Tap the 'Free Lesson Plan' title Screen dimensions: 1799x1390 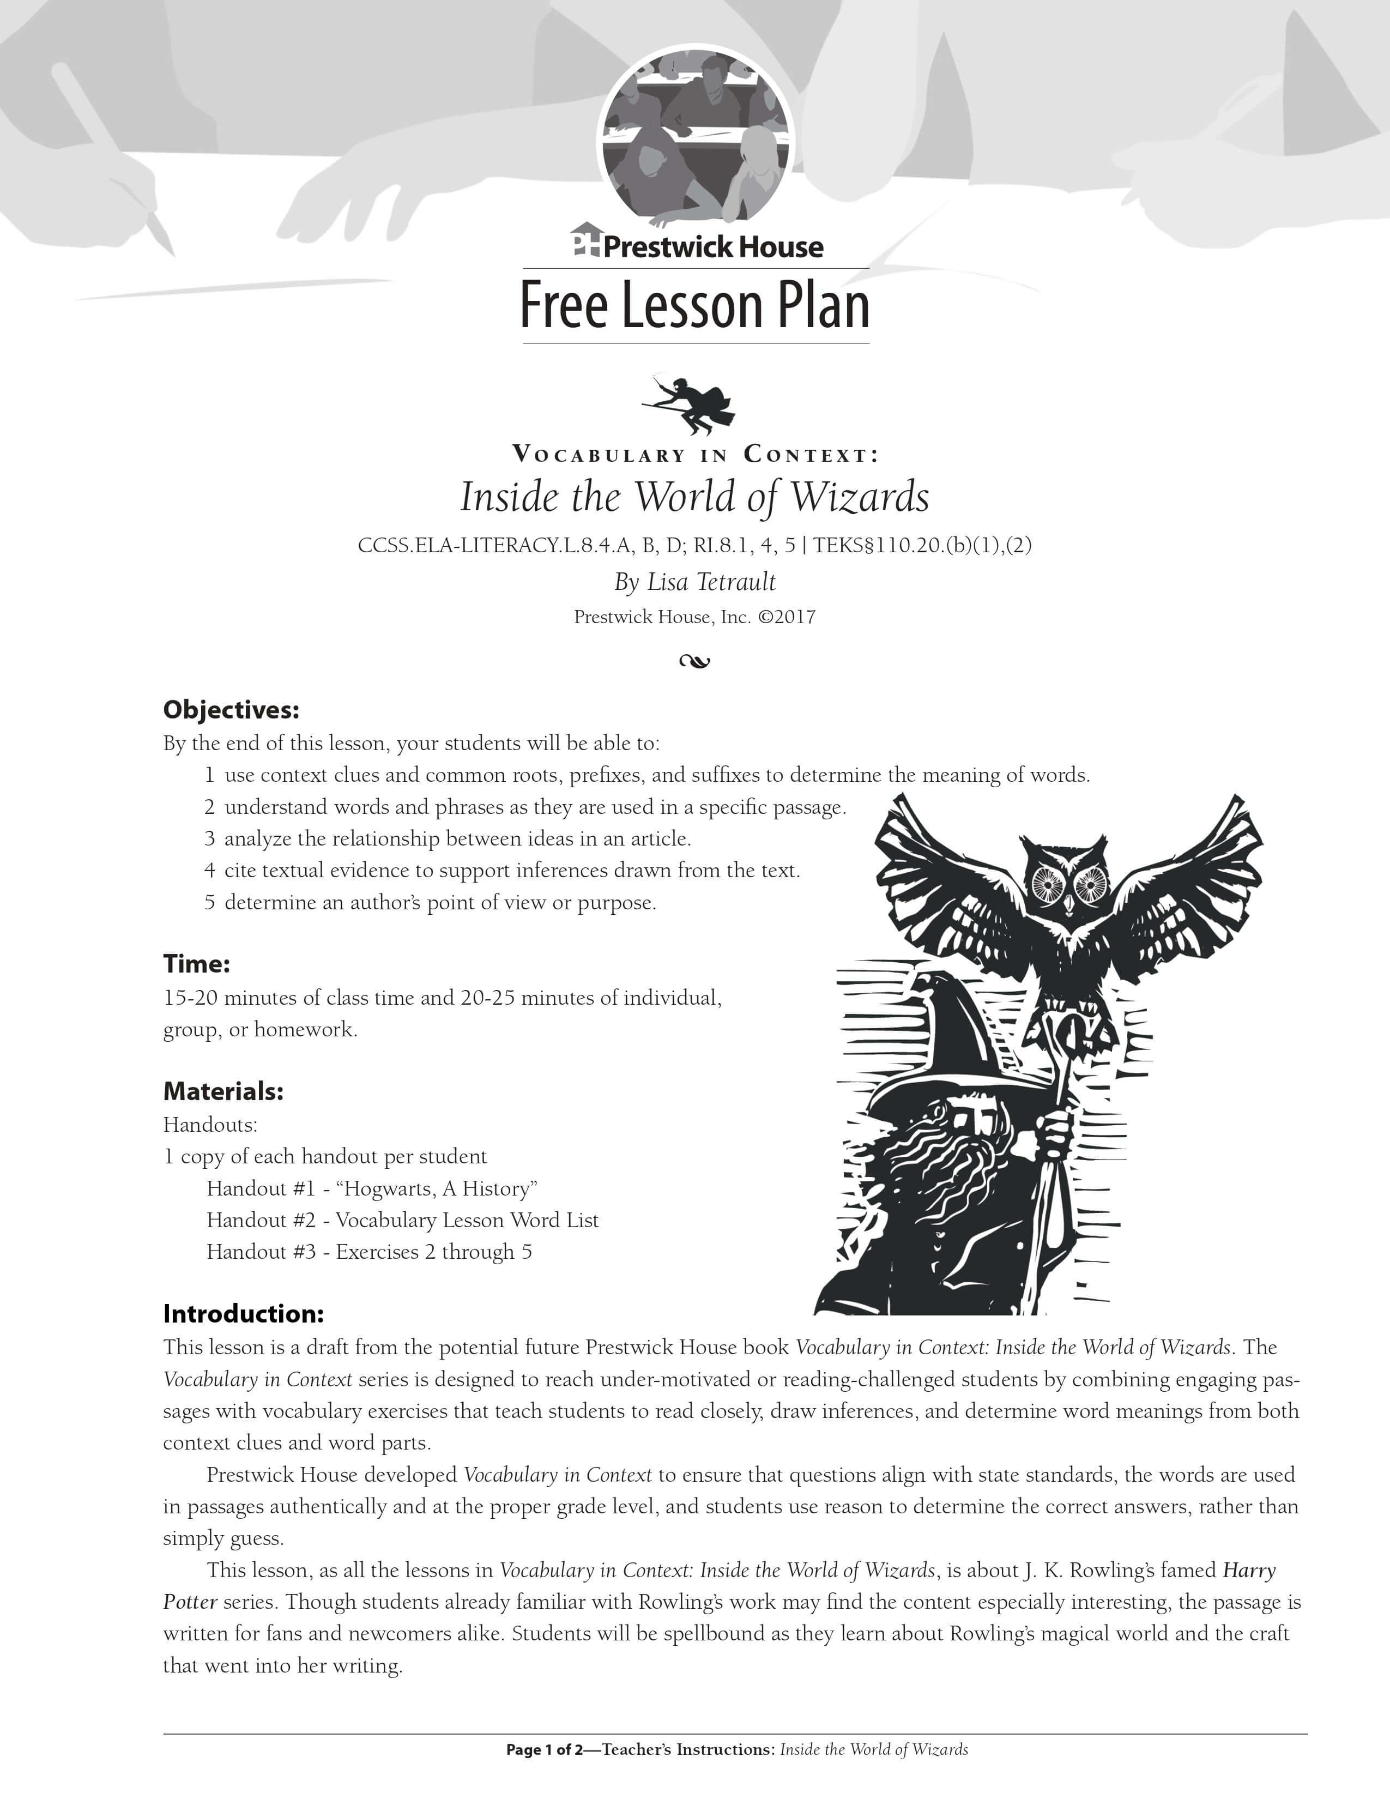695,306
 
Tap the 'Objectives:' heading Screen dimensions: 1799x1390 231,709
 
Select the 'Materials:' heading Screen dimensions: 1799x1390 223,1091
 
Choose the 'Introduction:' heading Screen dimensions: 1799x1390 243,1313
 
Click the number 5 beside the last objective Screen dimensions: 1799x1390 210,903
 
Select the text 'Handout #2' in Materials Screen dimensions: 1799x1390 261,1220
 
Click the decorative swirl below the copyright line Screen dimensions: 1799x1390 695,661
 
